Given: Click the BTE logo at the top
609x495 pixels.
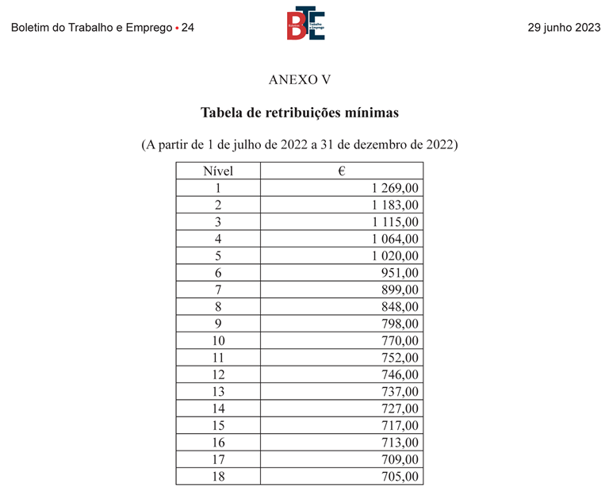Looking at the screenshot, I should (x=305, y=23).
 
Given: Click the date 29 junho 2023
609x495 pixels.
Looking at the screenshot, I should (x=564, y=28).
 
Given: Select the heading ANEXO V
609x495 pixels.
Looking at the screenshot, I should (x=299, y=80).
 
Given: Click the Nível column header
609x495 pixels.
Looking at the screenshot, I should (x=218, y=171).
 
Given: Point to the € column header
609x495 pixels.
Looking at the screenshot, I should (x=340, y=171).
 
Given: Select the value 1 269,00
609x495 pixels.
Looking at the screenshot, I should (x=394, y=188).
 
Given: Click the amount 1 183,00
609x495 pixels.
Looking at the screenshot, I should (x=394, y=205).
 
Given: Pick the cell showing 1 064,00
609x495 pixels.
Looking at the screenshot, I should (x=394, y=239).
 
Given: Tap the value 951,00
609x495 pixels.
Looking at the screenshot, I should (x=400, y=273).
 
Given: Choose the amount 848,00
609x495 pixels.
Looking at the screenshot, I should (x=400, y=307).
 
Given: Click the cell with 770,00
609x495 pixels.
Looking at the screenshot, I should (x=400, y=341).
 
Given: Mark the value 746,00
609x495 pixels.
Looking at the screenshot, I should (x=400, y=374).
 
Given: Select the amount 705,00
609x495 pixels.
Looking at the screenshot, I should (x=400, y=477).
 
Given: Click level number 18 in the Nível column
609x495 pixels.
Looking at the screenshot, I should (x=218, y=477).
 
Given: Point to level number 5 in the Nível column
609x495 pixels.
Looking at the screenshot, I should (x=218, y=255).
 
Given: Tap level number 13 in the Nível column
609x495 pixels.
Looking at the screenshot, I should (x=218, y=392).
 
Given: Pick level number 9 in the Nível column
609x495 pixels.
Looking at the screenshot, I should (x=218, y=324).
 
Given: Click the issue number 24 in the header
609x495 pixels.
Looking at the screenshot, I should (x=188, y=28).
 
